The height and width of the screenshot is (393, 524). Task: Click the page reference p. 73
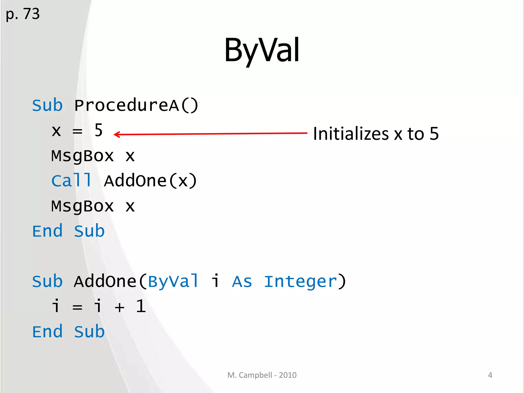pyautogui.click(x=23, y=14)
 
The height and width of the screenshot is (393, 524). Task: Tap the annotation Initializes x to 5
pyautogui.click(x=376, y=134)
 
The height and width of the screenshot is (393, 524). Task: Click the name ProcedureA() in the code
pyautogui.click(x=136, y=105)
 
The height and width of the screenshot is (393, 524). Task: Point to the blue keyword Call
pyautogui.click(x=71, y=181)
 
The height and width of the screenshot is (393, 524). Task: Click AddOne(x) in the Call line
pyautogui.click(x=150, y=181)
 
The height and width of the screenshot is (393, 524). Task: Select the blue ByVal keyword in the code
pyautogui.click(x=173, y=281)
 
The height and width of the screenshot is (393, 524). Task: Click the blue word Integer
pyautogui.click(x=300, y=281)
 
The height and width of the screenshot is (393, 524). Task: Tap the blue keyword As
pyautogui.click(x=242, y=281)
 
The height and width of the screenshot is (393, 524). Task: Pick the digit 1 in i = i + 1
pyautogui.click(x=141, y=306)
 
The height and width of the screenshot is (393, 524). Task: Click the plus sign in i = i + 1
pyautogui.click(x=119, y=307)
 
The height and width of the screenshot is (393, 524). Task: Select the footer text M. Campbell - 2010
pyautogui.click(x=262, y=375)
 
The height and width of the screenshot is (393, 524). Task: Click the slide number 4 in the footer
pyautogui.click(x=490, y=375)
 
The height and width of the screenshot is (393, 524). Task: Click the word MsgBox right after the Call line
pyautogui.click(x=82, y=206)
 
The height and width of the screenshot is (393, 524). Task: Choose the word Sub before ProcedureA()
pyautogui.click(x=47, y=105)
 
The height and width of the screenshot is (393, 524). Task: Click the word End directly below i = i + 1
pyautogui.click(x=47, y=332)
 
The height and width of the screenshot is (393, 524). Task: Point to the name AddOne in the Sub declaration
pyautogui.click(x=105, y=281)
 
